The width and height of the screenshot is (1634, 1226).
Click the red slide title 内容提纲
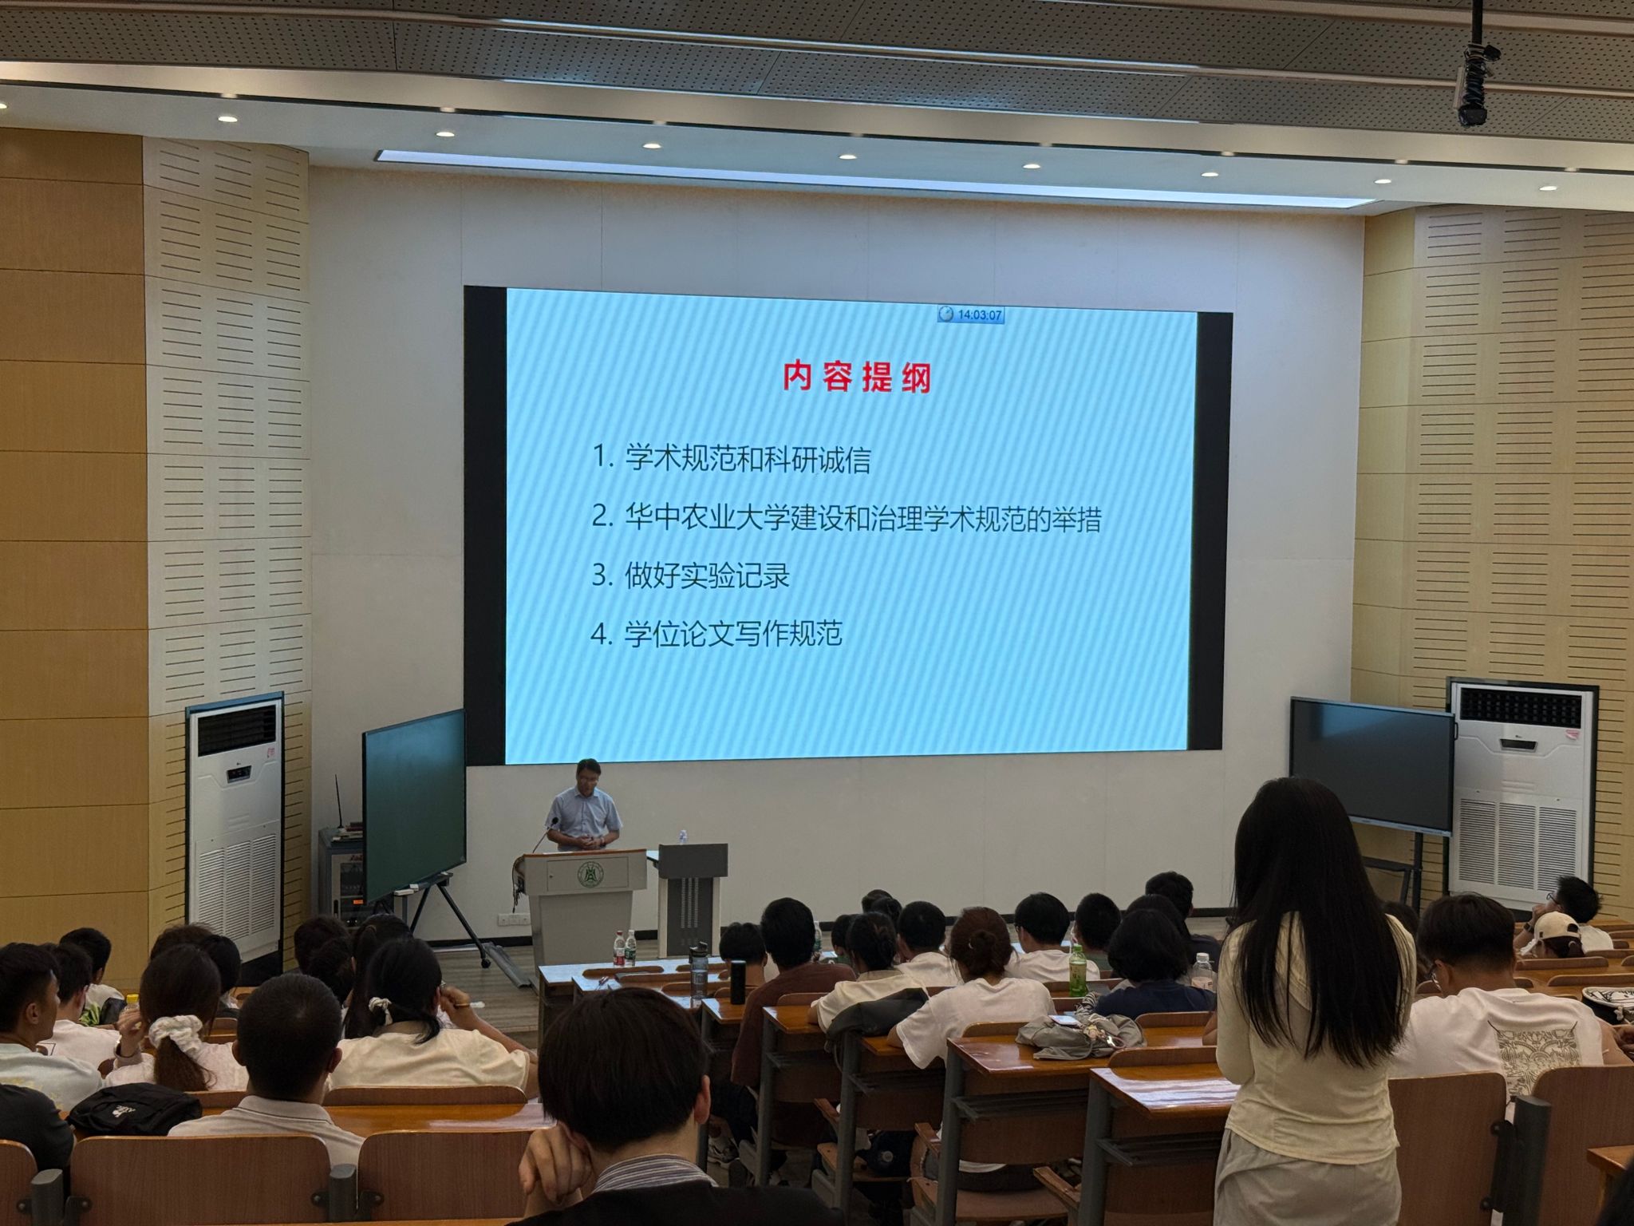(857, 377)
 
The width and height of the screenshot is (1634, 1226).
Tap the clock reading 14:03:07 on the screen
(971, 314)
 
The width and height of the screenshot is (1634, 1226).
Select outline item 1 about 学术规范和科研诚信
(731, 459)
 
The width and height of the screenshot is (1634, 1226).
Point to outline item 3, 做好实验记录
(690, 575)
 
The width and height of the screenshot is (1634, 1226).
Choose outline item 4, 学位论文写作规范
(716, 635)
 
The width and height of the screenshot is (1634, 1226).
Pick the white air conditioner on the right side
(1522, 794)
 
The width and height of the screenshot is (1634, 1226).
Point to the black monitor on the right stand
(1372, 765)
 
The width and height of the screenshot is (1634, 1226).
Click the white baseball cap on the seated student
(1557, 928)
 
